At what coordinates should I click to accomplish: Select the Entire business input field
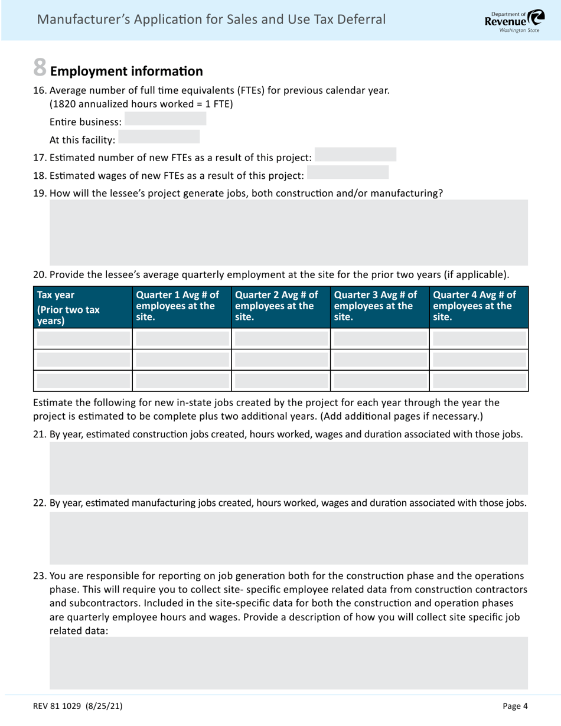point(165,119)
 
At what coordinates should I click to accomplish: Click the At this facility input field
point(159,137)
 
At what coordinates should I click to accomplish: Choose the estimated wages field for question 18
point(348,172)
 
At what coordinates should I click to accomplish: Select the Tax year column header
point(83,308)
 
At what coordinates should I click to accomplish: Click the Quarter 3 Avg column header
point(380,304)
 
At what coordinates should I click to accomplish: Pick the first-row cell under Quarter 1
point(182,338)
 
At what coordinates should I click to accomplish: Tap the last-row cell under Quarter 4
point(479,381)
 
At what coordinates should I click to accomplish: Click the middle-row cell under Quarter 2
point(280,359)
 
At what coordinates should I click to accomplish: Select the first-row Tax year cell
point(83,338)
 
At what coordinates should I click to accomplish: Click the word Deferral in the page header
point(361,20)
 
